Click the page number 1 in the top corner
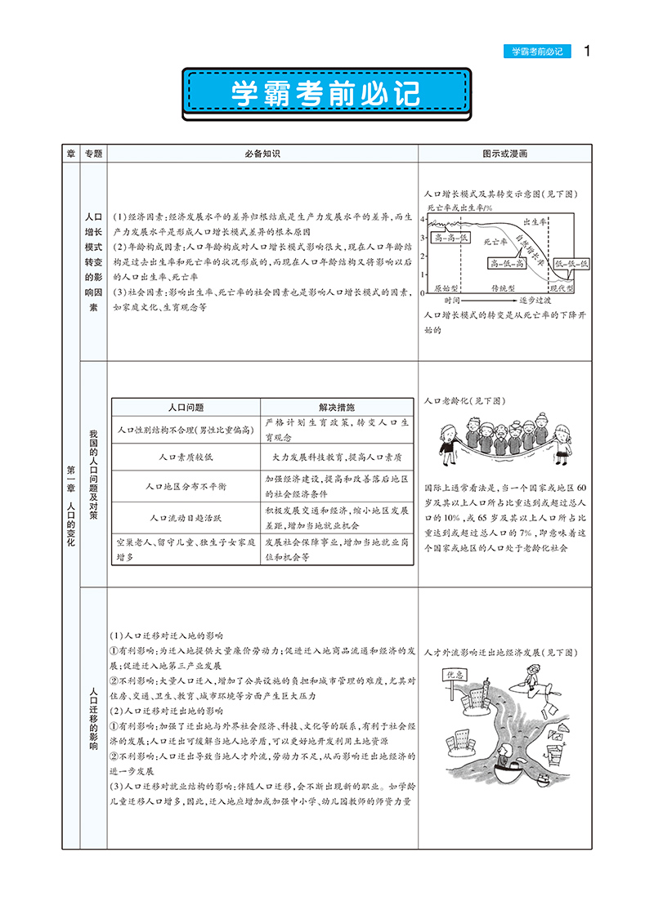point(586,51)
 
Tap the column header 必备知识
point(262,154)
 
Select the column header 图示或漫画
point(504,154)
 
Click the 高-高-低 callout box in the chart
point(450,237)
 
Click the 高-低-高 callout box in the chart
point(507,263)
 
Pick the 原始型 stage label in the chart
point(447,288)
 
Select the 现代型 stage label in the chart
point(563,288)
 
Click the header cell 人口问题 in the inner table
point(186,407)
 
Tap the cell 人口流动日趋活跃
point(186,517)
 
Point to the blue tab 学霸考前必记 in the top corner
point(537,51)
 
